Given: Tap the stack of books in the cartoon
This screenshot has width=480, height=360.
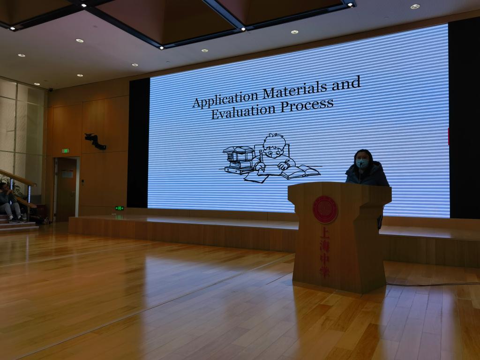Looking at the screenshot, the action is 239,159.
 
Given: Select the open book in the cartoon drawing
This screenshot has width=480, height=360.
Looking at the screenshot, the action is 300,172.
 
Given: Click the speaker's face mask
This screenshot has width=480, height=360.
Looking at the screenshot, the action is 362,163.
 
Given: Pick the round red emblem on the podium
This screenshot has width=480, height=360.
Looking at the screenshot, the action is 325,210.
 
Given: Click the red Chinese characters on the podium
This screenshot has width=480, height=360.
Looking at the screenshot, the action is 324,252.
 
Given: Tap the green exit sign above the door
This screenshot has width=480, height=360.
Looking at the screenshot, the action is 66,150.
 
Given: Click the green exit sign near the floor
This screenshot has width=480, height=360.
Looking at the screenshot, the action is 120,208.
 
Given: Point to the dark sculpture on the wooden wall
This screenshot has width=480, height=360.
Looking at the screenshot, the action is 95,141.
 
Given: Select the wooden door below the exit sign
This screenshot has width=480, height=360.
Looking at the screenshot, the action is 66,189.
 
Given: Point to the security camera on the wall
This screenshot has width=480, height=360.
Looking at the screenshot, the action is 51,90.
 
